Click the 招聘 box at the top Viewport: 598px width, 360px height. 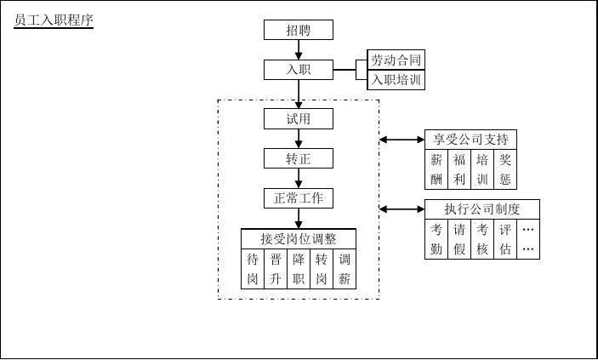298,30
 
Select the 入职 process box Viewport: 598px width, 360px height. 298,70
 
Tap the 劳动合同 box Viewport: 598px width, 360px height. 396,60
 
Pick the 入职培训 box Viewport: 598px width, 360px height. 396,80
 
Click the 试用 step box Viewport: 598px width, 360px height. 298,119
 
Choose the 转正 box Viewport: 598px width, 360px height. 298,158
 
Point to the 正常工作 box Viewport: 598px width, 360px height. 298,198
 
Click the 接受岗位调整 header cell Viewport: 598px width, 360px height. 299,239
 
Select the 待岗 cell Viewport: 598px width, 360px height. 253,269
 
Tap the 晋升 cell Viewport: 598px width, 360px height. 276,269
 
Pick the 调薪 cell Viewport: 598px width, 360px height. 345,269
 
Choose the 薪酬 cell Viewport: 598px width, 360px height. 436,169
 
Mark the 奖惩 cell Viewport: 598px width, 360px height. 505,169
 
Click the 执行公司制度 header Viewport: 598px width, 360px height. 481,209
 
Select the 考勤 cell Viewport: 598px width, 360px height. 436,239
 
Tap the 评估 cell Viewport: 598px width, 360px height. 505,239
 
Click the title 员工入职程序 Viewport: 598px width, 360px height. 54,21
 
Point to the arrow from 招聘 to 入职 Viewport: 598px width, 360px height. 298,50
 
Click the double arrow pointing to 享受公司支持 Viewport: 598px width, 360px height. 402,139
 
